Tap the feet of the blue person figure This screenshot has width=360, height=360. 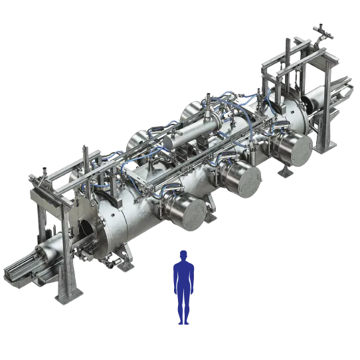point(181,323)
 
